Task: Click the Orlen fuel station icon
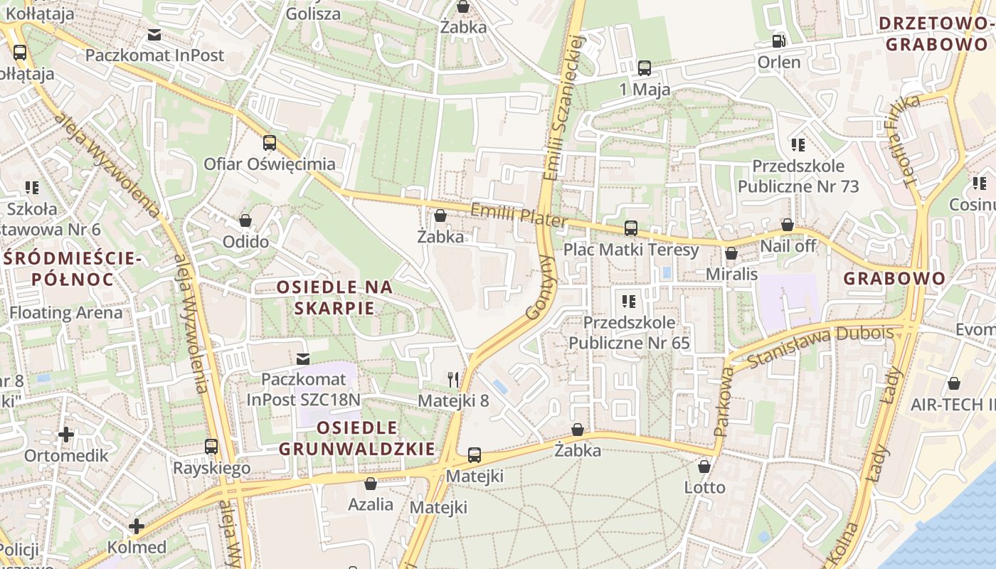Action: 779,41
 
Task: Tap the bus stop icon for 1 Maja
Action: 645,68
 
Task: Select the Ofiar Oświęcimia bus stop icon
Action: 269,143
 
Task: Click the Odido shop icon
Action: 245,220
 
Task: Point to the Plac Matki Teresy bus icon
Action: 631,228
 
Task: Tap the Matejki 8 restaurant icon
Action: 453,379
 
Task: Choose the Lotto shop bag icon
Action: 704,467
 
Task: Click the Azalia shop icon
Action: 371,484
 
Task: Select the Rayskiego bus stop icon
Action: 211,447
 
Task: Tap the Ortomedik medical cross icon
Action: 66,434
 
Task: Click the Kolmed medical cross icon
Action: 137,526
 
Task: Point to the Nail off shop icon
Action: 788,225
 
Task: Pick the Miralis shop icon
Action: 731,253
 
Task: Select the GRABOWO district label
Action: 894,278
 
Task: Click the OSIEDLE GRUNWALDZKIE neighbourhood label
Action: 356,438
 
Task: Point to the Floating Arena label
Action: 65,312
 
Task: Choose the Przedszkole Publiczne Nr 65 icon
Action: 628,301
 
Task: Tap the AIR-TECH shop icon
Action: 954,384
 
